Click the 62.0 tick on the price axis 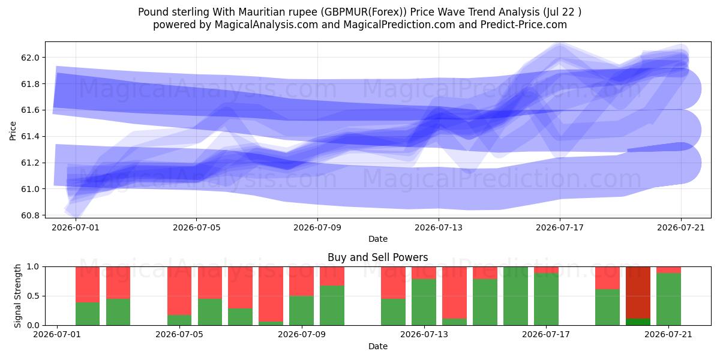coord(30,58)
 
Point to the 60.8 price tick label coord(30,215)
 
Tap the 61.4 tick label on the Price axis coord(30,137)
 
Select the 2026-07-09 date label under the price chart coord(317,227)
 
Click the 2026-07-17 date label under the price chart coord(560,227)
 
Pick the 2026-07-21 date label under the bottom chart coord(668,334)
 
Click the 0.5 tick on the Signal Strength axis coord(33,296)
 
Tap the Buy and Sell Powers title coord(377,257)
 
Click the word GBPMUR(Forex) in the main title coord(364,12)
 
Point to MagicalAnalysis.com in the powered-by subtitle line coord(266,25)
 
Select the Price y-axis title coord(13,131)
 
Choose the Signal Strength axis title coord(17,296)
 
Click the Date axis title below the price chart coord(377,239)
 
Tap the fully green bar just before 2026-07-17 coord(515,296)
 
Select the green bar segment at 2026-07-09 coord(301,311)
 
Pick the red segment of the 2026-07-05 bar coord(179,291)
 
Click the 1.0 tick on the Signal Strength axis coord(33,267)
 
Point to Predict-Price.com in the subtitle coord(524,25)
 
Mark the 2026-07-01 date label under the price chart coord(76,227)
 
